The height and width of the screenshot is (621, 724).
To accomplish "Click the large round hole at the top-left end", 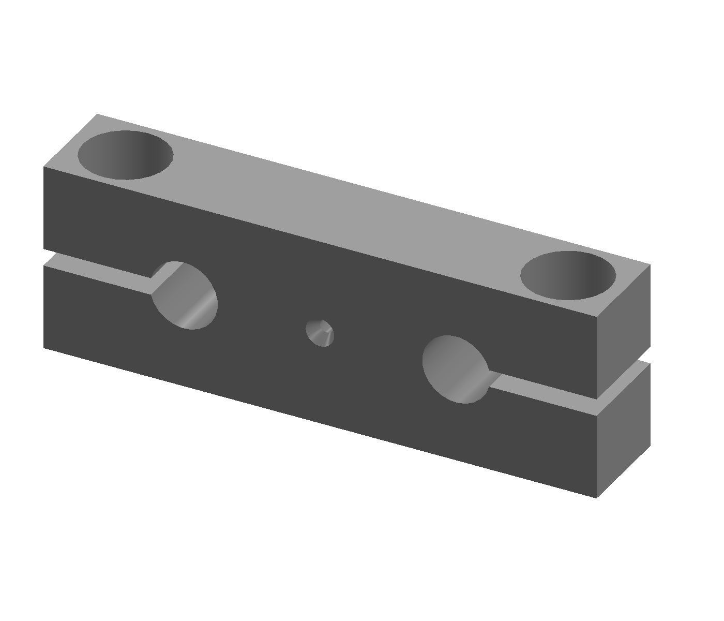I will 125,155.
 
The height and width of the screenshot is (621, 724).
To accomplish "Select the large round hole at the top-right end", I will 568,275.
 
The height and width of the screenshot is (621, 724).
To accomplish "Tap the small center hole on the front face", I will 320,333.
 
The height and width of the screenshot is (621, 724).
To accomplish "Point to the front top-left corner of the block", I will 44,167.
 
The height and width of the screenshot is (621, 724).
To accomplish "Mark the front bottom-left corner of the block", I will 44,347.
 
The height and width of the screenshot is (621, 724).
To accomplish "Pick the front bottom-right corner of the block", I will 596,497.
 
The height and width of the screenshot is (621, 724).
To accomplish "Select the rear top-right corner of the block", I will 650,265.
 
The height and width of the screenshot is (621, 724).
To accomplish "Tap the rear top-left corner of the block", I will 97,114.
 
